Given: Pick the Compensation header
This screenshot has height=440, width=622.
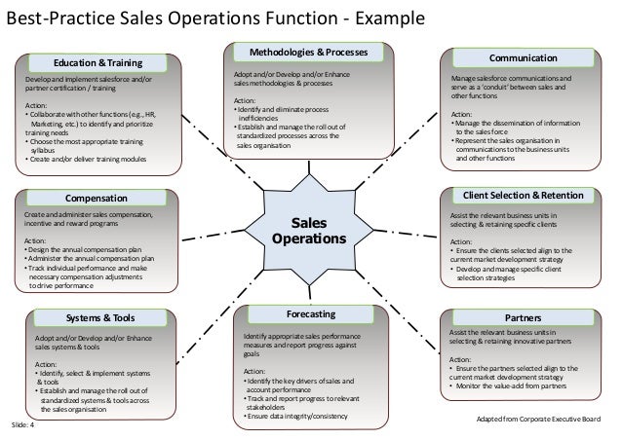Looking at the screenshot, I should point(97,199).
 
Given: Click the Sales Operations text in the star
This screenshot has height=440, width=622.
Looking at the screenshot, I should point(301,230).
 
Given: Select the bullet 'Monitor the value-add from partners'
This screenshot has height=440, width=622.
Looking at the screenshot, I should point(514,386).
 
